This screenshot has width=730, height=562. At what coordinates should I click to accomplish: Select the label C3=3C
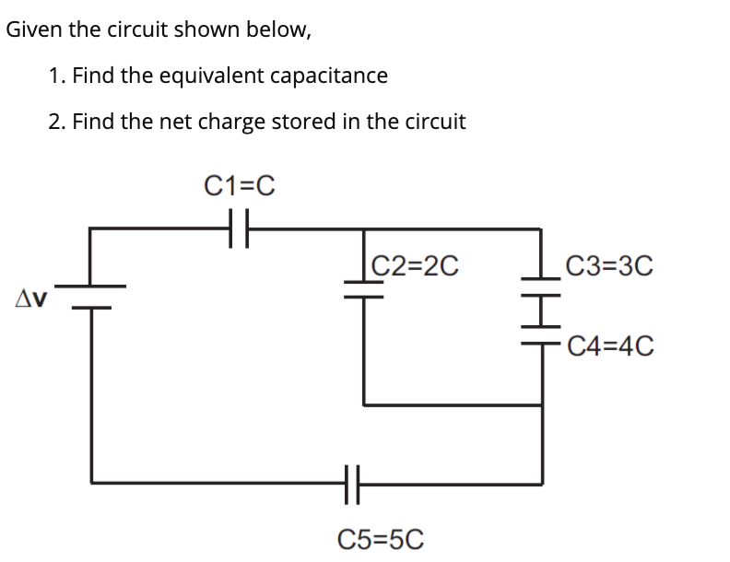[x=609, y=266]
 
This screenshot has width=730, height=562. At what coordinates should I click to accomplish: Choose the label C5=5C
[x=382, y=538]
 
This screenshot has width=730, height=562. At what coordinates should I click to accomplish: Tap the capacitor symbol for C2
[x=364, y=290]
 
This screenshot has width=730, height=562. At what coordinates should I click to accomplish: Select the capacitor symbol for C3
[x=542, y=294]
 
